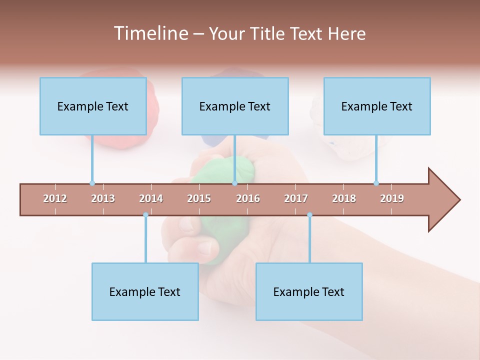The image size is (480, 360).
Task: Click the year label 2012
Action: tap(55, 198)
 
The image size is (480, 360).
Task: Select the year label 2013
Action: tap(103, 198)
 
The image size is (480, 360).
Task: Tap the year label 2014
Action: tap(151, 198)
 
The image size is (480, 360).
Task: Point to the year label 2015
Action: tap(199, 198)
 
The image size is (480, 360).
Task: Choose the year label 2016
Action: tap(248, 198)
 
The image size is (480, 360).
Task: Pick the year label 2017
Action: tap(296, 198)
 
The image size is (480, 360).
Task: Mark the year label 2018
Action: tap(344, 198)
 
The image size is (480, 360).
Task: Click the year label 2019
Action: tap(392, 198)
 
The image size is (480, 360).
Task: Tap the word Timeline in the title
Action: tap(149, 33)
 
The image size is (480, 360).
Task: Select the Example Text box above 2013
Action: tap(93, 106)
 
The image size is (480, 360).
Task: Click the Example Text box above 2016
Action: tap(235, 106)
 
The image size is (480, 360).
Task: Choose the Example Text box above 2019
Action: tap(377, 106)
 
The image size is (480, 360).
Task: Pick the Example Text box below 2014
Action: tap(145, 291)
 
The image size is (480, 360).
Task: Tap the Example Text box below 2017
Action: tap(309, 291)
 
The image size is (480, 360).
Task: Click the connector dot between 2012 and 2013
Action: tap(92, 183)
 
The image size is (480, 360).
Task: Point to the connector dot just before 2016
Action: tap(234, 183)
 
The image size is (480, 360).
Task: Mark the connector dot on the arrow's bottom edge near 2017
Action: tap(309, 215)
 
